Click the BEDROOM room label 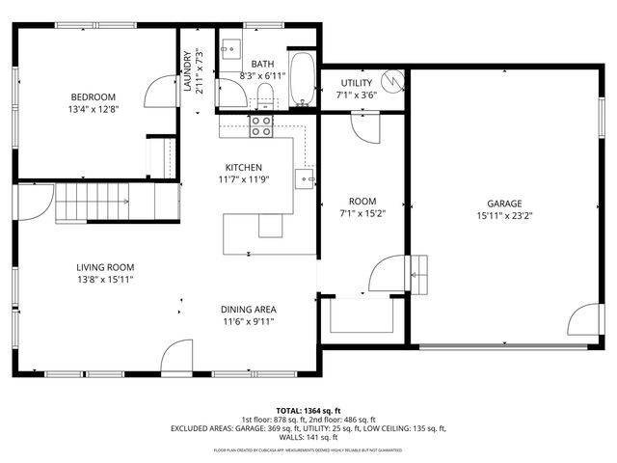coord(93,96)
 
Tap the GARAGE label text coord(503,204)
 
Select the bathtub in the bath coord(302,81)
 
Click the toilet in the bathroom coord(264,94)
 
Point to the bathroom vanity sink coord(232,49)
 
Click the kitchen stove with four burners coord(261,125)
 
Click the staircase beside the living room coord(104,204)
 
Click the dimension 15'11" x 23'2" coord(503,216)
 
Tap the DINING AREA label coord(250,310)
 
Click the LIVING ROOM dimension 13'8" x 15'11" coord(105,280)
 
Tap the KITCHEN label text coord(244,167)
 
